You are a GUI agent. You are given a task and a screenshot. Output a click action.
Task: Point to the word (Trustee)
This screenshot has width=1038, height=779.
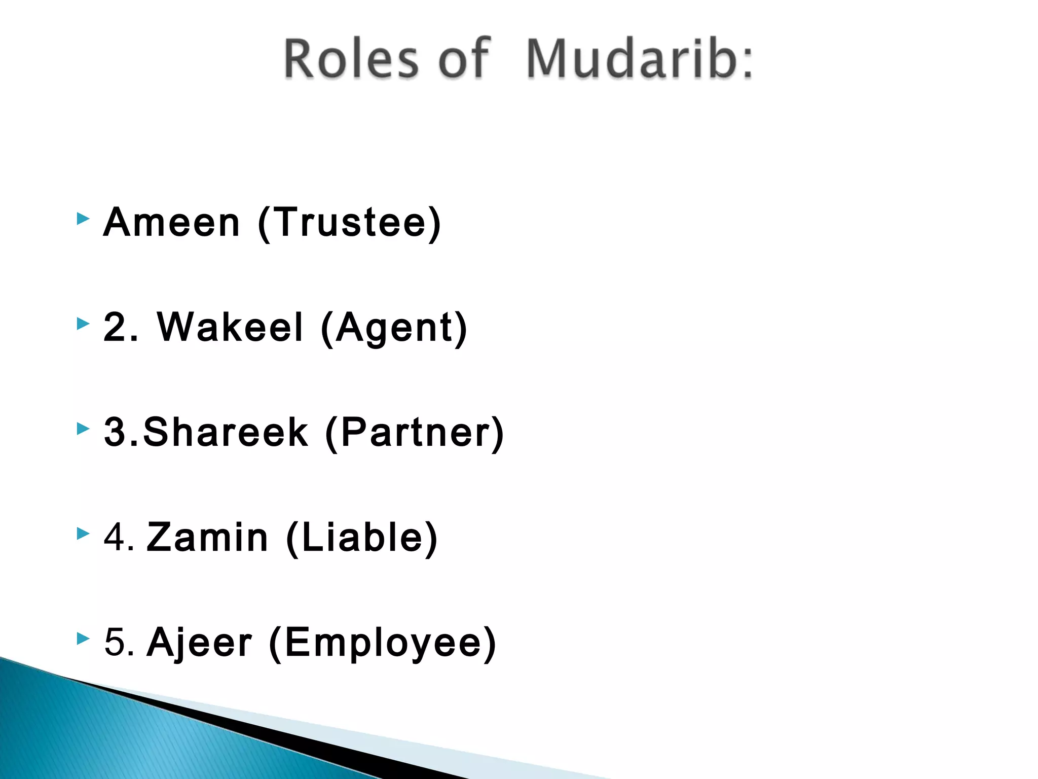pos(349,223)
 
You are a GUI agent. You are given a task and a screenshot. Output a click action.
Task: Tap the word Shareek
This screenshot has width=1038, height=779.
pos(226,432)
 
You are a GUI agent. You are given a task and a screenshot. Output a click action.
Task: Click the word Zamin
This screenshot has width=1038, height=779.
pos(207,537)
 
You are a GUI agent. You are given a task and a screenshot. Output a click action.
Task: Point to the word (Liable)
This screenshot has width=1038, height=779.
pos(361,538)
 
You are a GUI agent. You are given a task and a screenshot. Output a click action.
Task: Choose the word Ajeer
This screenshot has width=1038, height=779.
pos(199,643)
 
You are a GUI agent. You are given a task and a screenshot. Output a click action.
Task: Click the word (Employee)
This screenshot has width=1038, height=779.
pos(382,643)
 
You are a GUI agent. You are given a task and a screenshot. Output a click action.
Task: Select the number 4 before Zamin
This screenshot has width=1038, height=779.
pos(115,537)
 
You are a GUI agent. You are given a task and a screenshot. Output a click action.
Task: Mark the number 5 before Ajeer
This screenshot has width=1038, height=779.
pos(115,642)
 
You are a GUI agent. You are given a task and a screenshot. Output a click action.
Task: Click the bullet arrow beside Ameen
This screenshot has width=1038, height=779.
pos(83,219)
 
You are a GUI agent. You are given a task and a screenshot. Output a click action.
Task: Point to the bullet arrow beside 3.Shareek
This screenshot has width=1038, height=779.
pos(83,429)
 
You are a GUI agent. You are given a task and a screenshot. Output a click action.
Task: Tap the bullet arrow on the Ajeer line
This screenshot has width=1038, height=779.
pos(83,639)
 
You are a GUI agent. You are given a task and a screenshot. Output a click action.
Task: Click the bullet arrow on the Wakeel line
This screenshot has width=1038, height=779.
pos(83,324)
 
